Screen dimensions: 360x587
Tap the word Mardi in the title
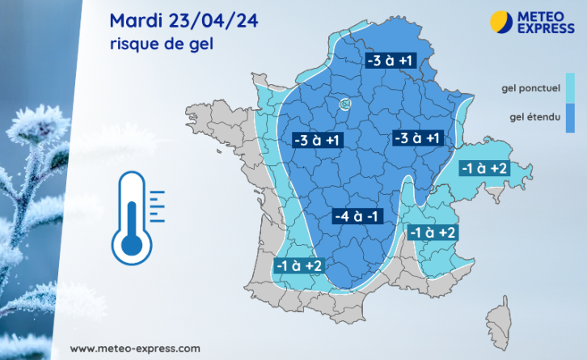(137, 20)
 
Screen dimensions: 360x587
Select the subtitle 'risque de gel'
(161, 44)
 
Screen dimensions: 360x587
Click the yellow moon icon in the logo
(502, 21)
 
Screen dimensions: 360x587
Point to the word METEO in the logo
(544, 15)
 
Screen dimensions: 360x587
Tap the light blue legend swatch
(569, 85)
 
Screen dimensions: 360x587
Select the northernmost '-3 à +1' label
(391, 61)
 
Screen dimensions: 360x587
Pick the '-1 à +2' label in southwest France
(299, 265)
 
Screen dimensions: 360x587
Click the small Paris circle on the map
(344, 104)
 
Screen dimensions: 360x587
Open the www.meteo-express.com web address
(135, 349)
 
